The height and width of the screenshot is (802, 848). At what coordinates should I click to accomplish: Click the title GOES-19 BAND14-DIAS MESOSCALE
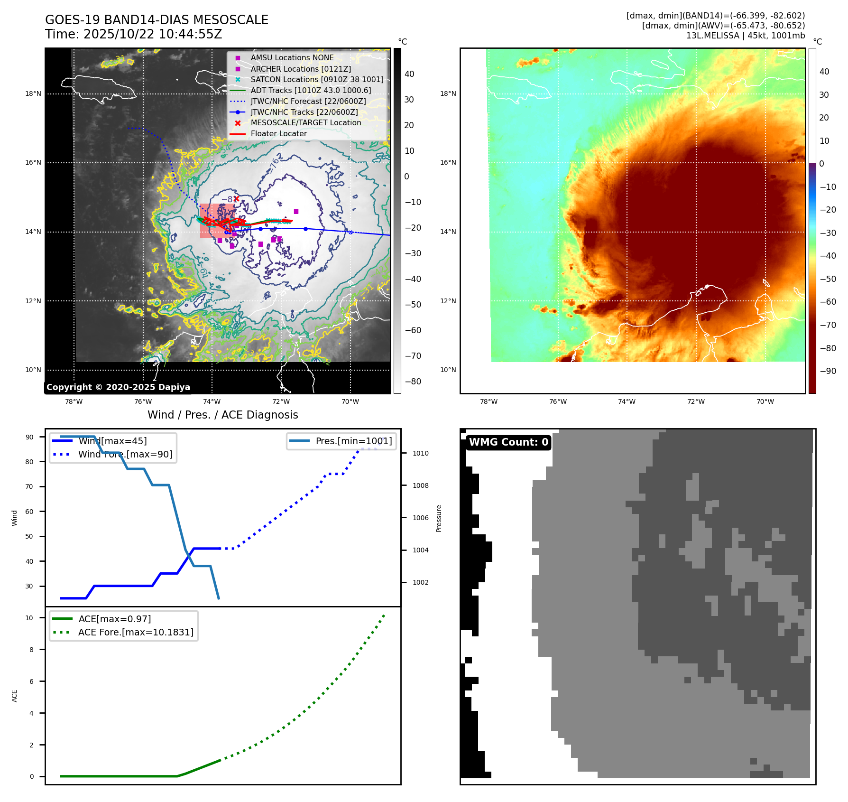coord(157,20)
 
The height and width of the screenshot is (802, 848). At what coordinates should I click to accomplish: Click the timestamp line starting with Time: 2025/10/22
coord(133,34)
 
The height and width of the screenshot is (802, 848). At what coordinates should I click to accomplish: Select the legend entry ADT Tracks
coord(311,90)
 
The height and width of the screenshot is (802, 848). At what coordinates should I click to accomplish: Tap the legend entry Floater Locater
coord(278,134)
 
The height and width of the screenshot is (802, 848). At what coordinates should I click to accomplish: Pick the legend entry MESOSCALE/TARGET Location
coord(305,122)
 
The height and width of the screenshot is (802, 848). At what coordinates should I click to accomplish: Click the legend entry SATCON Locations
coord(317,79)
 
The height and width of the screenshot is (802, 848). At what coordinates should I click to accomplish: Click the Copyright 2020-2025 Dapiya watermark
coord(118,387)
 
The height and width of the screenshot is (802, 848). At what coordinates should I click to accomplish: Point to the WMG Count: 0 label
coord(508,442)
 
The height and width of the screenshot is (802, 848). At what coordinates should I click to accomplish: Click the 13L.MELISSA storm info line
coord(745,36)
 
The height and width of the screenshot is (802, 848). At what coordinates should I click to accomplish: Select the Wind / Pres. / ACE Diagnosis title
coord(222,415)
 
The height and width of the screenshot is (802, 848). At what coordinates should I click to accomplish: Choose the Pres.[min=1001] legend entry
coord(353,441)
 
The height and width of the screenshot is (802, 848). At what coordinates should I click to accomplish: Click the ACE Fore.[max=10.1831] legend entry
coord(136,632)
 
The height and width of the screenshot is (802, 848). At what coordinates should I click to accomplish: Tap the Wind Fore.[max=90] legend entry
coord(125,454)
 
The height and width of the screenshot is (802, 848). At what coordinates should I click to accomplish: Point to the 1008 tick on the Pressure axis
coord(420,485)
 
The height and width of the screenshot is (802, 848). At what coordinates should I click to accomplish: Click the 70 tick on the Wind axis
coord(29,486)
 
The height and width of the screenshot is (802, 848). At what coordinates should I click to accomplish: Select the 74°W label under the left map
coord(212,401)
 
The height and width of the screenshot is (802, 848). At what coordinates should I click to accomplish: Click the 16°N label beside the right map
coord(448,162)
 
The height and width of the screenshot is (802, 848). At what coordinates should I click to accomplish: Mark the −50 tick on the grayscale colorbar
coord(413,305)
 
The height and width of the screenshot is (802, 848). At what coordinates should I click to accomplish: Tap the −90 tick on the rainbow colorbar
coord(828,371)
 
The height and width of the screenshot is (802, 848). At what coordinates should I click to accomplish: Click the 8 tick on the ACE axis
coord(32,650)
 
